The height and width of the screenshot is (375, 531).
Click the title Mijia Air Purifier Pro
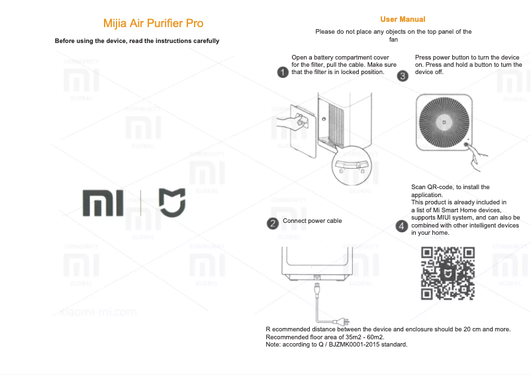coord(153,23)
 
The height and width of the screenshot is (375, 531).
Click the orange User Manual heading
coord(403,19)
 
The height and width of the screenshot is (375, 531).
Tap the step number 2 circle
coord(272,224)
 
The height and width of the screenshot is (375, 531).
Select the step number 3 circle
coord(403,75)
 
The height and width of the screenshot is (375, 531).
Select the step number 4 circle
coord(401,226)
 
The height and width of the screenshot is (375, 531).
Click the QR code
coord(448,274)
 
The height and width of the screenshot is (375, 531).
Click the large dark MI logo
coord(103,203)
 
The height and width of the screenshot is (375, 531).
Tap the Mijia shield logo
coord(171,202)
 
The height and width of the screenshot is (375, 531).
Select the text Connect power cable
coord(313,221)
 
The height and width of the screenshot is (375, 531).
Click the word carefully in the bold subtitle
coord(202,41)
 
